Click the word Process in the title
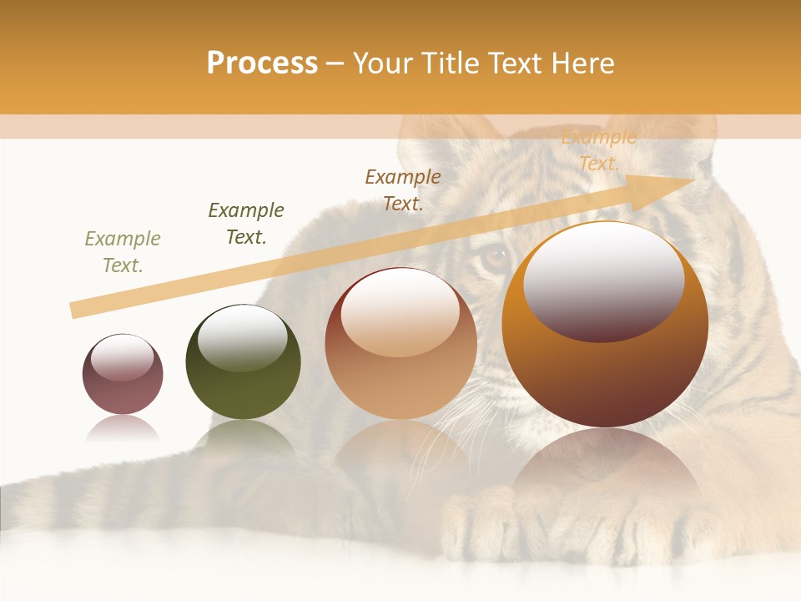pyautogui.click(x=262, y=63)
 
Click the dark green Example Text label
pyautogui.click(x=246, y=224)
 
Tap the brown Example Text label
pyautogui.click(x=403, y=189)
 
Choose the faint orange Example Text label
pyautogui.click(x=598, y=150)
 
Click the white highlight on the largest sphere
pyautogui.click(x=603, y=280)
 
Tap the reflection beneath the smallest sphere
pyautogui.click(x=123, y=428)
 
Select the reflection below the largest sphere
pyautogui.click(x=605, y=467)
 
